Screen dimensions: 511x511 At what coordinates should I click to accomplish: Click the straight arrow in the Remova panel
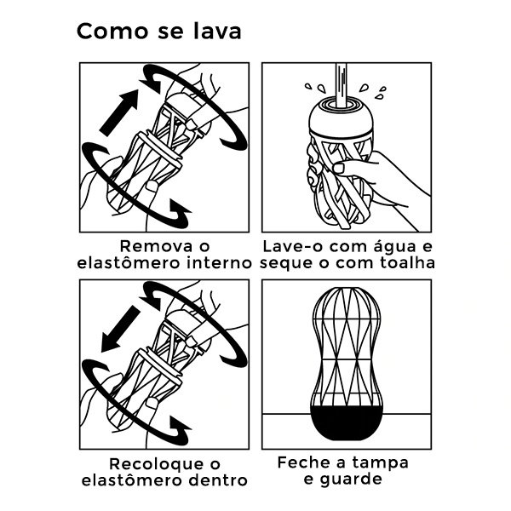[x=118, y=115]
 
